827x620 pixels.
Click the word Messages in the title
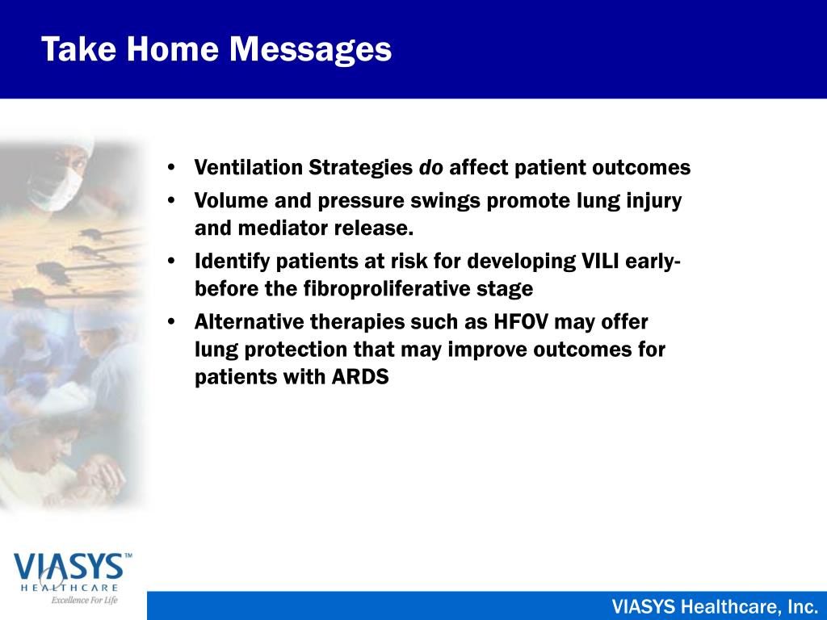[310, 50]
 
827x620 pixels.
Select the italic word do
[431, 167]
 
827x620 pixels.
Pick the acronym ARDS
[360, 376]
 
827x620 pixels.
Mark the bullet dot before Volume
[171, 201]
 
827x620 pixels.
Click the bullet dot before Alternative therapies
[171, 322]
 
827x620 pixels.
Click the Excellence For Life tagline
[84, 600]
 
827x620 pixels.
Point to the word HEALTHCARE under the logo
[69, 588]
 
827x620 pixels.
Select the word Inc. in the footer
[802, 607]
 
